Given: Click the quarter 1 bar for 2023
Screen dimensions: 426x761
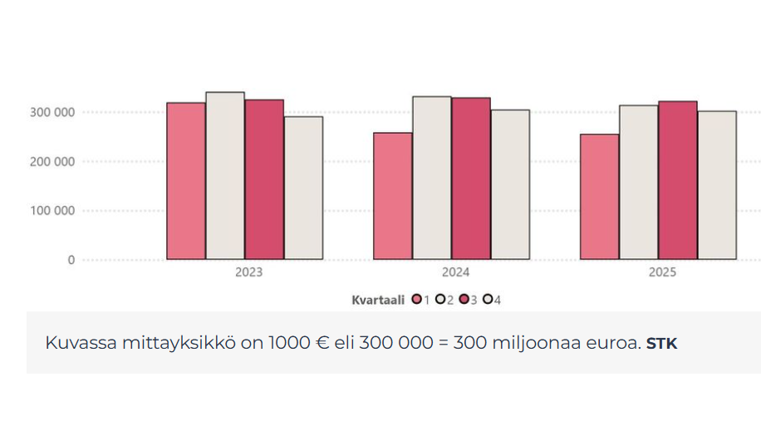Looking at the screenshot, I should click(186, 181).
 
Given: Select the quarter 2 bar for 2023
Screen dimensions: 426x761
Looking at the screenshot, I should click(225, 176).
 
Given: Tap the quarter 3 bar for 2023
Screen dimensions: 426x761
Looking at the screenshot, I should click(264, 179).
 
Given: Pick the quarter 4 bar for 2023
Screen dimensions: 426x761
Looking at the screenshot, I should click(303, 188).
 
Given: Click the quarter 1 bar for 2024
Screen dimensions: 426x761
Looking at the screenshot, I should click(393, 196).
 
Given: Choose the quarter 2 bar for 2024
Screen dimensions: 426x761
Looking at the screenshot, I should click(432, 178).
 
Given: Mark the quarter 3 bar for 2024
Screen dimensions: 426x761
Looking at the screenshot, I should click(471, 179).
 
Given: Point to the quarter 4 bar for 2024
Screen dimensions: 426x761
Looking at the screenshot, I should click(510, 184).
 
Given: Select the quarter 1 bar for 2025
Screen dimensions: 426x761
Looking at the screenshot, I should click(599, 197).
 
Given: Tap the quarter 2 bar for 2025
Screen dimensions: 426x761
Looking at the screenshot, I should click(638, 183).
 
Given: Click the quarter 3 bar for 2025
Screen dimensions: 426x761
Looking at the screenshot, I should click(677, 180).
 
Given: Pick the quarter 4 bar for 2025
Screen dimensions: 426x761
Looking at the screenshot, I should click(717, 185).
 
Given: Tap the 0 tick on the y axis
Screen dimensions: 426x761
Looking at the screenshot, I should click(71, 260).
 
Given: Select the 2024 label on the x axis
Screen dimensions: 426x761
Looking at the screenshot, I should click(455, 272).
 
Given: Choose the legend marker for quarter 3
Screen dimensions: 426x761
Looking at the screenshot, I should click(464, 300).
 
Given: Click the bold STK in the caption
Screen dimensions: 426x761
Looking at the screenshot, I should click(661, 343).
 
